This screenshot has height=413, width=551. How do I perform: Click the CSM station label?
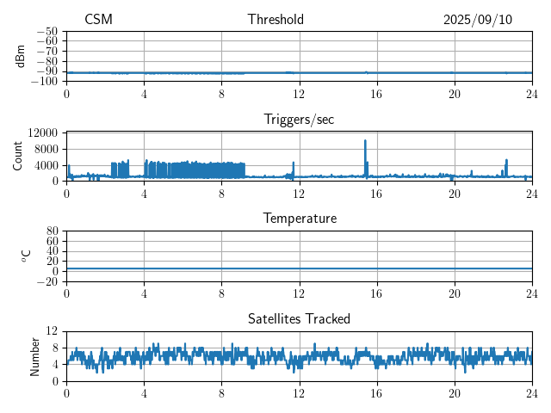click(x=98, y=20)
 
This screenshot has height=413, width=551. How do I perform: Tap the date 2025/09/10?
click(x=477, y=20)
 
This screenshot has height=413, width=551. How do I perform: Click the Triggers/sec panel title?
click(x=299, y=120)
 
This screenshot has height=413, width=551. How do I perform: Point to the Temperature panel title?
click(x=299, y=219)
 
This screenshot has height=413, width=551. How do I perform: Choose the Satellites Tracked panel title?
click(x=299, y=318)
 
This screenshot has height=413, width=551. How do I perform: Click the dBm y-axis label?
click(x=20, y=56)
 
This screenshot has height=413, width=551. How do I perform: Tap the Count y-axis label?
click(x=18, y=156)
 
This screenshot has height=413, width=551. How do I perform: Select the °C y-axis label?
click(x=27, y=256)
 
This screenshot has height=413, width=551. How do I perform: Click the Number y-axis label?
click(x=34, y=355)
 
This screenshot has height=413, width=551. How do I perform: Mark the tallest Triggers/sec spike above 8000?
click(x=365, y=140)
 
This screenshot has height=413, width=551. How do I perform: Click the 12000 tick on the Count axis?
click(x=43, y=133)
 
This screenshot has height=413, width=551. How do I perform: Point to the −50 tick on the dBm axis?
click(x=46, y=31)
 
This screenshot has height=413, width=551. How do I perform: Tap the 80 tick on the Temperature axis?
click(x=52, y=231)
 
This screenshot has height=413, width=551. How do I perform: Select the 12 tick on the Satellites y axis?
click(x=52, y=331)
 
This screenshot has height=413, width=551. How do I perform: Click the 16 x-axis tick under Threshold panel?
click(x=377, y=93)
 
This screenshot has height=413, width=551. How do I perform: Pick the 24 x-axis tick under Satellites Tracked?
click(x=532, y=392)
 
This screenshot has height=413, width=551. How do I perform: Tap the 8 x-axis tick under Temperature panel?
click(x=221, y=293)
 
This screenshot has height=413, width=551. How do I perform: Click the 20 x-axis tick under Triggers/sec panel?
click(x=455, y=193)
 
